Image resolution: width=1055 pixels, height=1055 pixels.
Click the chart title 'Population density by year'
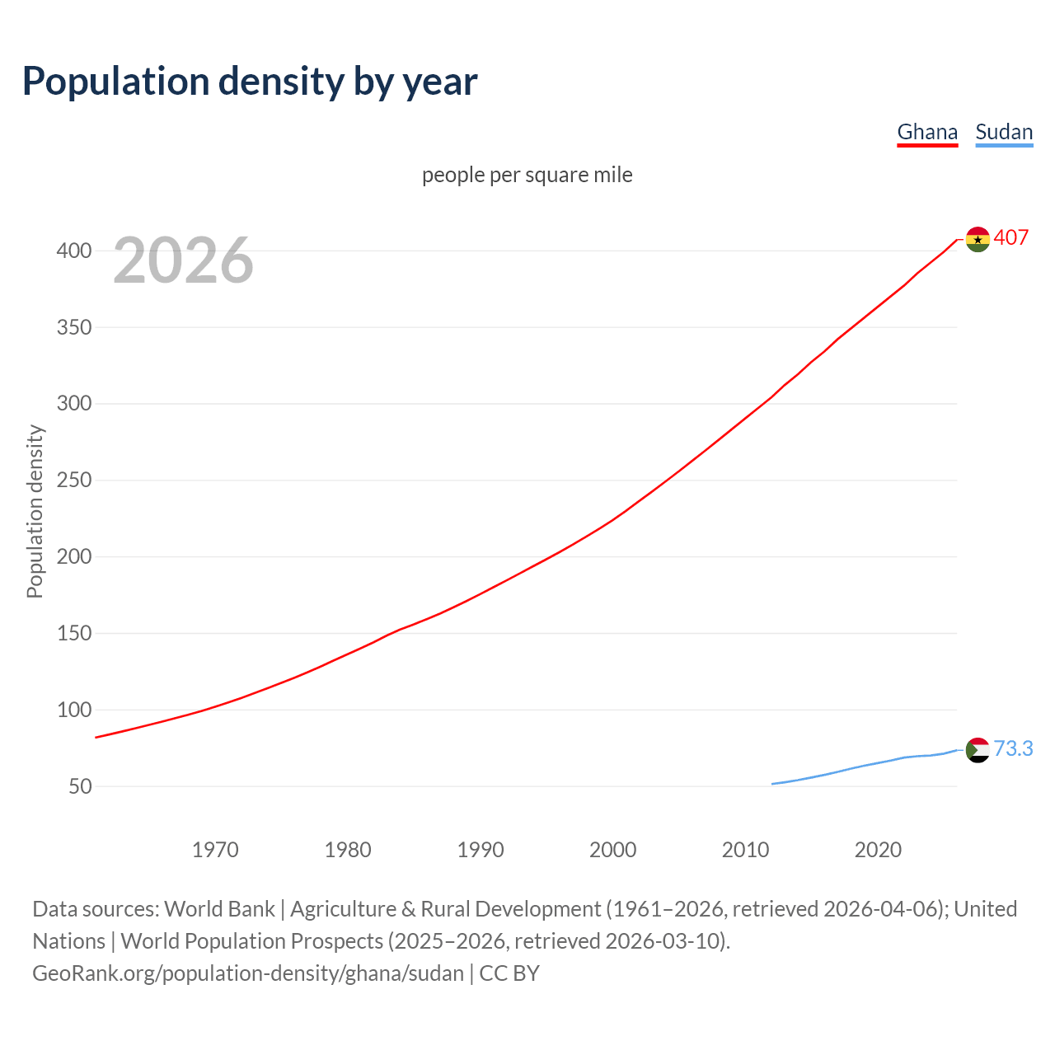pos(250,82)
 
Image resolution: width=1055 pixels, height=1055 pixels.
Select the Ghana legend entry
pos(927,132)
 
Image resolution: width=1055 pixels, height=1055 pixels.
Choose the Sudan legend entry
pos(1004,132)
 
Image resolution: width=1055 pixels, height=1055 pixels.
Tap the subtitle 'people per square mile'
pos(527,175)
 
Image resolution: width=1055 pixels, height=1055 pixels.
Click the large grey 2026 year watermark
pos(183,260)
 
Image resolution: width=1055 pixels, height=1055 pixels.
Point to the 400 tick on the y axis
pos(74,251)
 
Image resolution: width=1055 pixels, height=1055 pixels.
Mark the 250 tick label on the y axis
pos(74,481)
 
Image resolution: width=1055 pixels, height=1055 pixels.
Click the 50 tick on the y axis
pos(80,786)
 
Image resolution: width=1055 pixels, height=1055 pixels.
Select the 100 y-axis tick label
pos(74,710)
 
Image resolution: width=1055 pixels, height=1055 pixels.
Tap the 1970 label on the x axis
pos(215,850)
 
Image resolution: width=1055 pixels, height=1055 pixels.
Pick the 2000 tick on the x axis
pos(612,850)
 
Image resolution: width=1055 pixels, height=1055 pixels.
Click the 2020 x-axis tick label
pos(878,850)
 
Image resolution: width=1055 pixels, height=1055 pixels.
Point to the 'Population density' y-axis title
pos(35,511)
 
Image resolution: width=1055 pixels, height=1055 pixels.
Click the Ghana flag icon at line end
pos(978,239)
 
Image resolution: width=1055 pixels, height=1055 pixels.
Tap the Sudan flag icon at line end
pos(978,750)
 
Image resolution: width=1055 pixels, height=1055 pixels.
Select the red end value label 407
pos(1011,237)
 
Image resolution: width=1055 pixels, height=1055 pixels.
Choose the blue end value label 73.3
pos(1013,748)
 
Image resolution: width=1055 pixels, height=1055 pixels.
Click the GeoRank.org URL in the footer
pos(248,973)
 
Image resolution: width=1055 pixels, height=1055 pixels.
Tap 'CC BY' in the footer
pos(509,973)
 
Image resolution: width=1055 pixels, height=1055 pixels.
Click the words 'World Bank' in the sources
pos(219,909)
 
